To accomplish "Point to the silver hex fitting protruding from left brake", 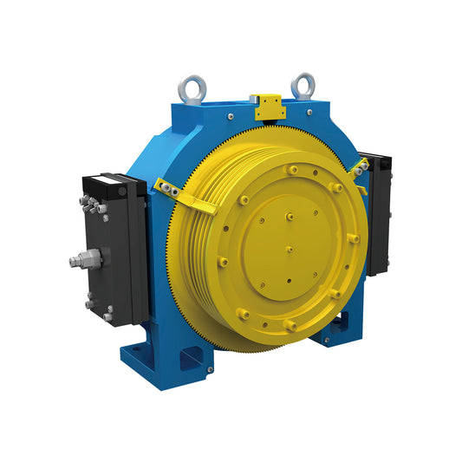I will coord(82,258).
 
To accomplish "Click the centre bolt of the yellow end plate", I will coord(289,249).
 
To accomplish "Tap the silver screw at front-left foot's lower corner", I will coord(210,370).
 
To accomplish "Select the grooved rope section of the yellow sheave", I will coord(195,260).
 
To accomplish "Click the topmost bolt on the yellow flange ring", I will coord(293,169).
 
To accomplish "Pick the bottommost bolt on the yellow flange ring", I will coord(289,324).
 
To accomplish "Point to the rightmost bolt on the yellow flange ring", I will coord(354,238).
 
